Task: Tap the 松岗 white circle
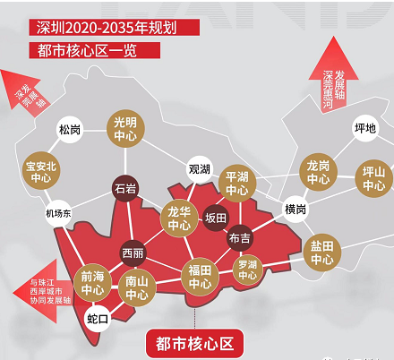point(70,130)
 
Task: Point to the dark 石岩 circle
point(124,189)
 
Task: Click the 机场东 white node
point(58,212)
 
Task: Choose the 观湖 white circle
point(199,168)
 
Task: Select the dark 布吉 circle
point(240,238)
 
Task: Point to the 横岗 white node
point(295,210)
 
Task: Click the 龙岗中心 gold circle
point(318,172)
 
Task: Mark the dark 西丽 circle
point(133,253)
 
